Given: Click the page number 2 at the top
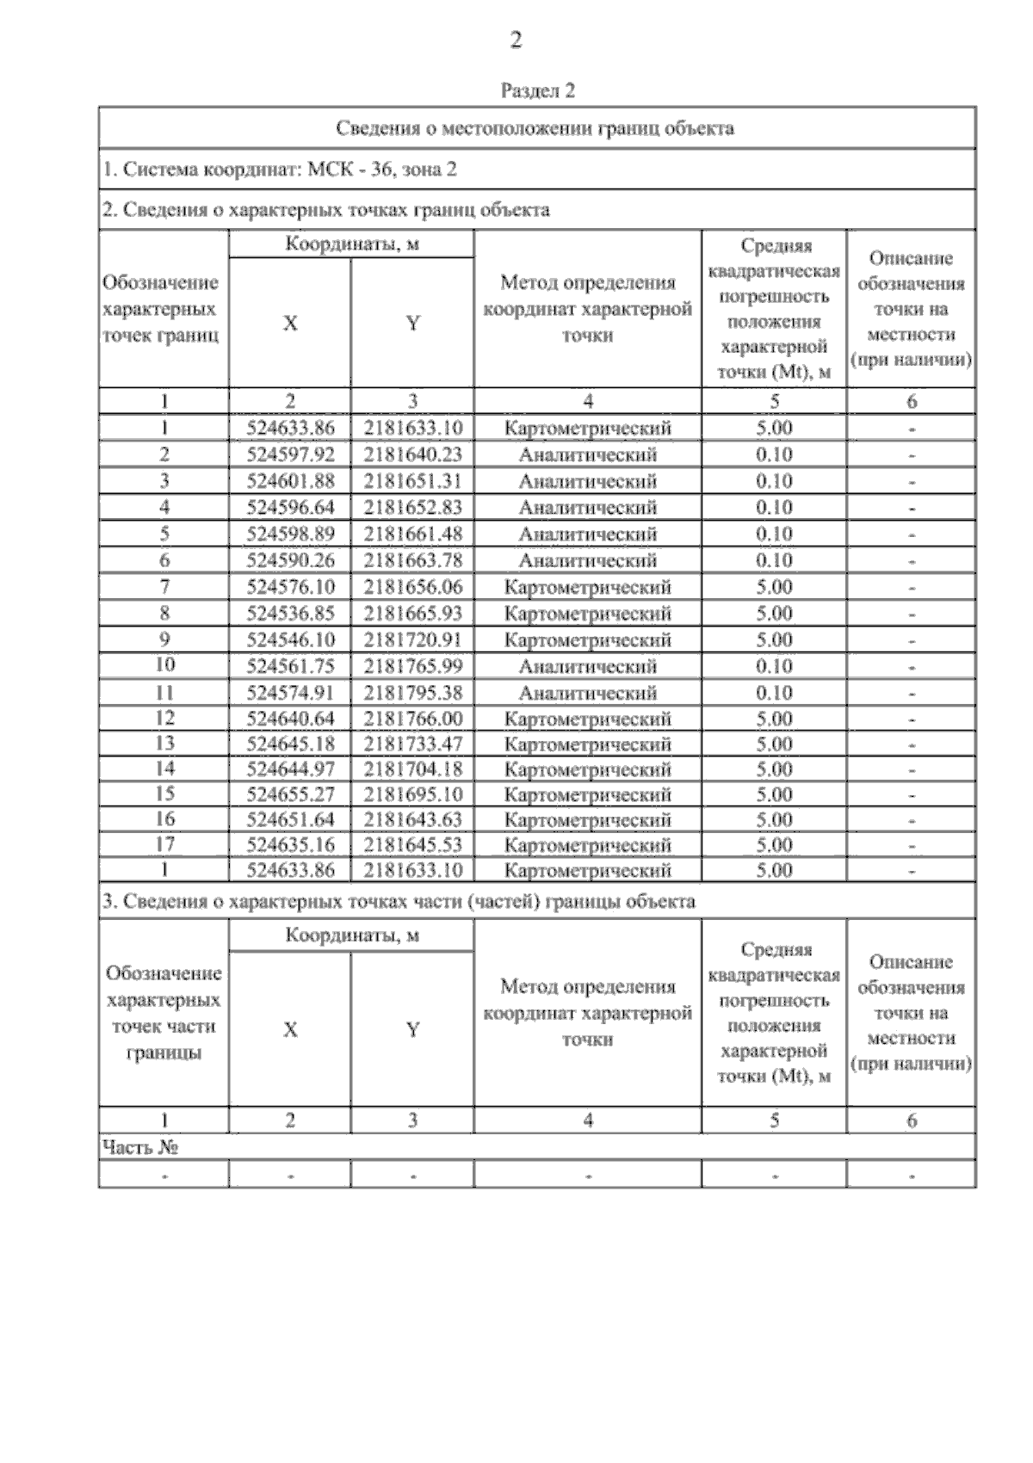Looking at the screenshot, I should pos(516,40).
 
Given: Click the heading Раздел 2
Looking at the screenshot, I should pos(537,90).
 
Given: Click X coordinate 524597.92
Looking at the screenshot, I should pos(290,454).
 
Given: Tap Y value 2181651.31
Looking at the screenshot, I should pos(412,481).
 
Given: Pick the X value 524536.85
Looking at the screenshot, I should pos(290,614).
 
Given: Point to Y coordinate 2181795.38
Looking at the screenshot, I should pos(412,693).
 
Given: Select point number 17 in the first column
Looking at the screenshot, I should pos(164,844).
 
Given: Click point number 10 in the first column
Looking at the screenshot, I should pos(164,665).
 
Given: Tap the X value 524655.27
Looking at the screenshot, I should pos(290,794).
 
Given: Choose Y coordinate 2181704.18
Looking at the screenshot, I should pos(412,769).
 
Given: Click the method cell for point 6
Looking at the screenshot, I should pos(587,560).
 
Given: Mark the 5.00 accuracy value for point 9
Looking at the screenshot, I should pos(774,639).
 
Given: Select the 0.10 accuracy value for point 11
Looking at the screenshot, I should pos(774,693).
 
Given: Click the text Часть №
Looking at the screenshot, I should pos(140,1147).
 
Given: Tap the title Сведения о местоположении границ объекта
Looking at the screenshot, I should pos(535,129).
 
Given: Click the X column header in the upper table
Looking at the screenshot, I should pos(290,324).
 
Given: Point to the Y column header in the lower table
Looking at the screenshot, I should pos(412,1029).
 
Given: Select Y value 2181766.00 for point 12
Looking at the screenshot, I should pos(412,719).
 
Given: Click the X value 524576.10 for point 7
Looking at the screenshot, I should pos(290,587).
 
